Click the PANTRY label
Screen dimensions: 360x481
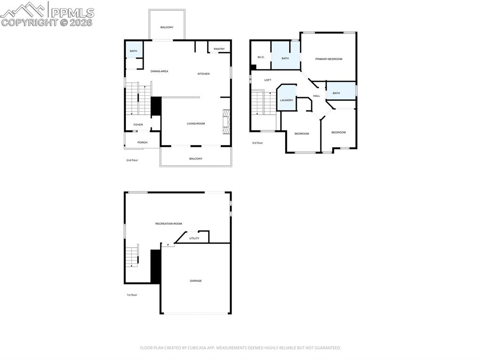(219, 49)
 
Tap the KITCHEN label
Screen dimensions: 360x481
(203, 74)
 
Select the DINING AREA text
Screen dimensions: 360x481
(159, 71)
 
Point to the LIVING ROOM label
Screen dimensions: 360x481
(196, 124)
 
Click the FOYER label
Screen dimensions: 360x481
(138, 125)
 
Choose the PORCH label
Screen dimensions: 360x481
(142, 143)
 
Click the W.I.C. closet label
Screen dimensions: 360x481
(261, 57)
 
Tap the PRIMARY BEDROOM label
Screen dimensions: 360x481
(329, 59)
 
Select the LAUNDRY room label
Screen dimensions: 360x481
(287, 100)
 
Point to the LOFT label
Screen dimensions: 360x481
(268, 80)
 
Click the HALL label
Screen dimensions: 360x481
(317, 96)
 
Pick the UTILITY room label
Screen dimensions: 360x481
(194, 238)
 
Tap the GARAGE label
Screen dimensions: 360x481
(196, 281)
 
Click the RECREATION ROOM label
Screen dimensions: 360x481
(169, 224)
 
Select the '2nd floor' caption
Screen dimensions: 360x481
(132, 161)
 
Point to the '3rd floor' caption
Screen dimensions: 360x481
(257, 143)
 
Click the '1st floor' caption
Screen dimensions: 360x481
(132, 295)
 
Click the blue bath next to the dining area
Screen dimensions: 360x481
(133, 51)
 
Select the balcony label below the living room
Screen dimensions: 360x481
(196, 159)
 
